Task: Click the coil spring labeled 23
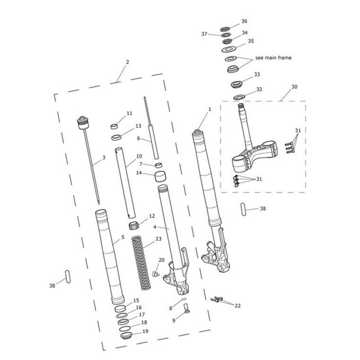[x=141, y=263]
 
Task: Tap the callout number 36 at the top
[x=244, y=21]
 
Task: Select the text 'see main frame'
[x=273, y=58]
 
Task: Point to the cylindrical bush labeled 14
[x=160, y=176]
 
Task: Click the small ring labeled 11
[x=115, y=126]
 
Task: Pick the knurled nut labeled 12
[x=134, y=225]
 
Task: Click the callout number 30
[x=295, y=87]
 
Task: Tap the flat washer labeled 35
[x=228, y=49]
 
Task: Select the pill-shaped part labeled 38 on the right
[x=244, y=209]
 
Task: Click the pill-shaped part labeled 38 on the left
[x=67, y=277]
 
